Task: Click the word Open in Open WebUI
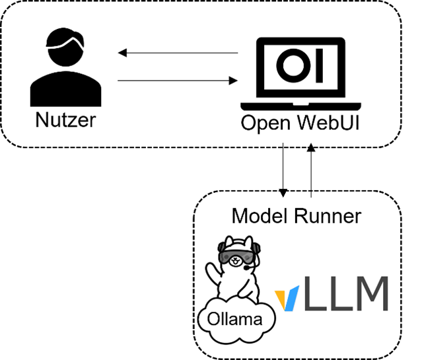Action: (265, 124)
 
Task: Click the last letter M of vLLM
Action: (369, 294)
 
